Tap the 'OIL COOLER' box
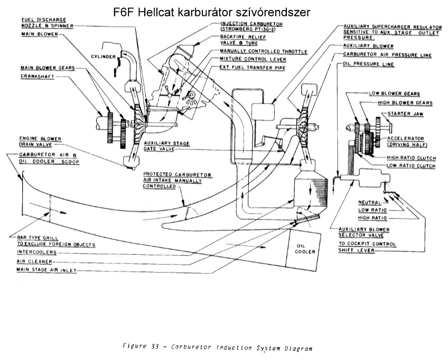[x=305, y=249]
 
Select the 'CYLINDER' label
[x=101, y=56]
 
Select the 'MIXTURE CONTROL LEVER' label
[x=250, y=59]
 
